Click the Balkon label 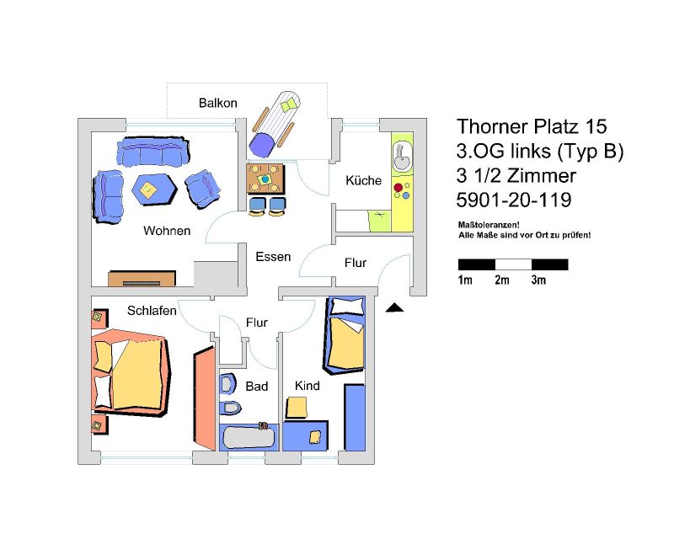218,103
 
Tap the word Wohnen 167,231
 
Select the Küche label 364,180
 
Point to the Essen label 273,257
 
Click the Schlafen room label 152,311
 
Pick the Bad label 257,387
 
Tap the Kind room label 307,386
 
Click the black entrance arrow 394,307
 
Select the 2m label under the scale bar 501,280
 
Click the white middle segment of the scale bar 513,264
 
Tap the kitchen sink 403,157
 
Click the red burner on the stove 398,188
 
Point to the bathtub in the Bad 249,438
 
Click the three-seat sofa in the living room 153,152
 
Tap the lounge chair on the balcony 275,123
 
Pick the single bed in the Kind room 345,335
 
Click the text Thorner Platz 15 532,126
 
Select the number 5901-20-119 514,200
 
